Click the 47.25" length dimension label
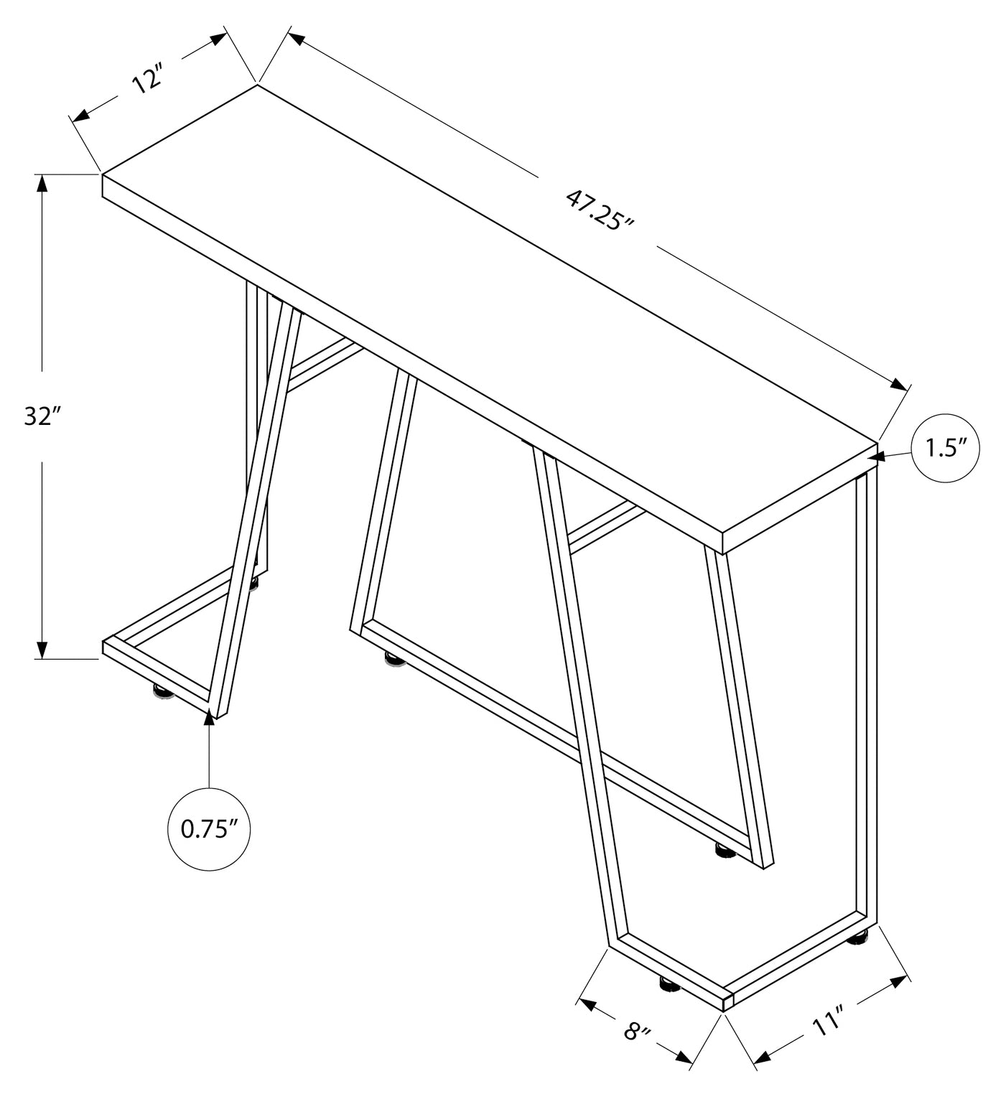coord(598,209)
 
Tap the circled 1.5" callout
coord(946,449)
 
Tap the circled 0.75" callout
coord(209,829)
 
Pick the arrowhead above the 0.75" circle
coord(209,717)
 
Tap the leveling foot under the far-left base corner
coord(160,691)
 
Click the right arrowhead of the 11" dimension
coord(900,982)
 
